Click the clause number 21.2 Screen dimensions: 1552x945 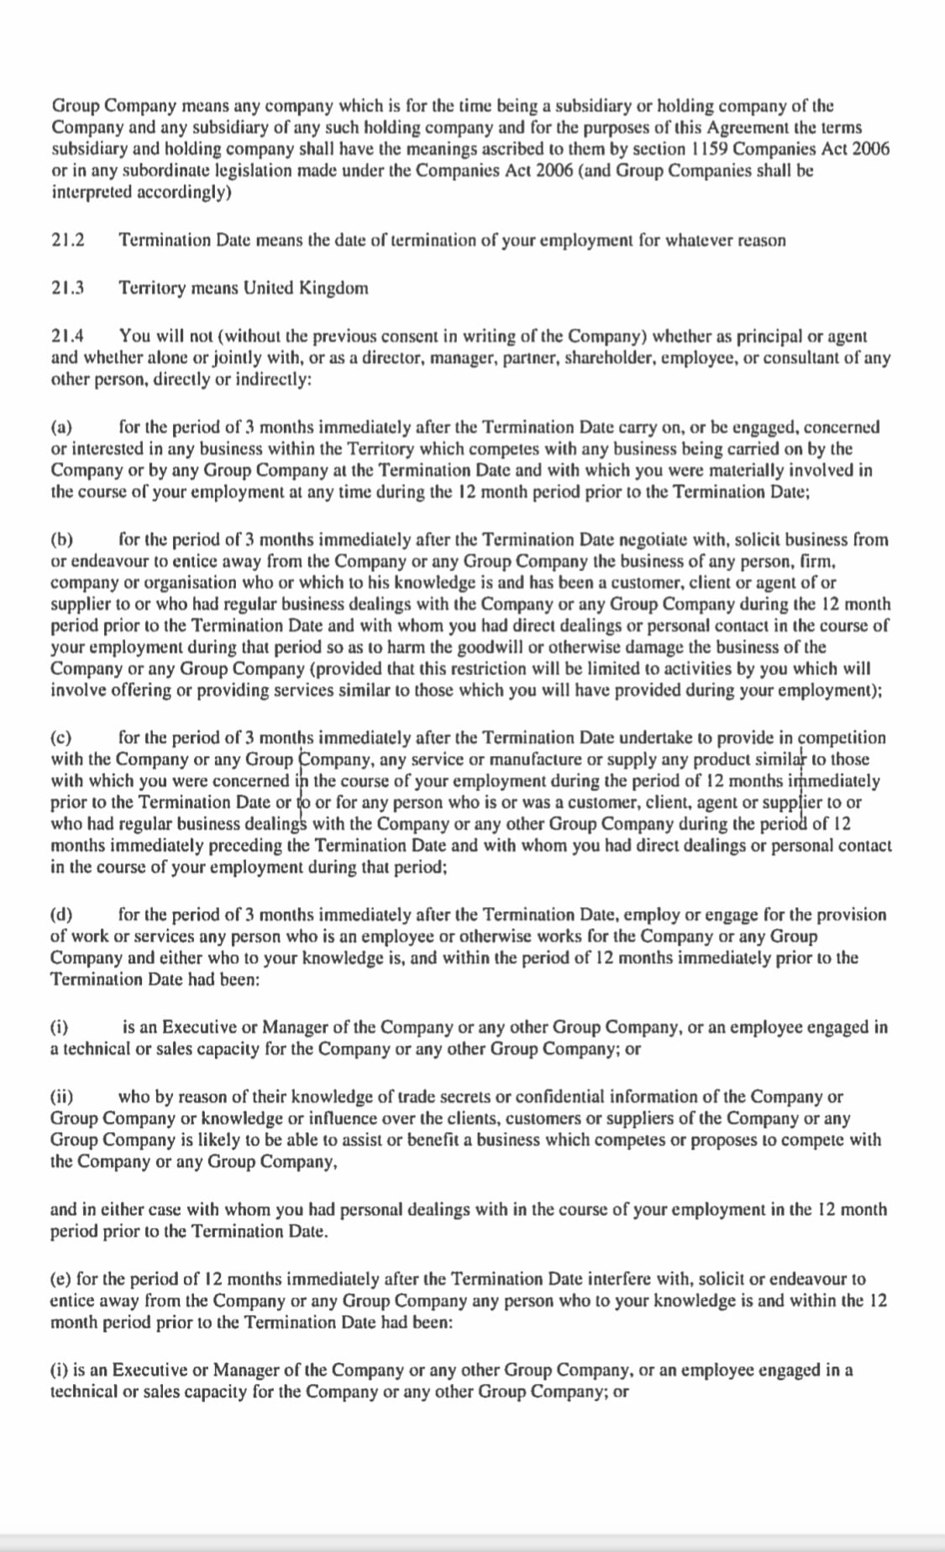tap(68, 241)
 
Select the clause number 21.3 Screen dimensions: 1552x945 tap(68, 288)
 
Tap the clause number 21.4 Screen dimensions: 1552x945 tap(68, 336)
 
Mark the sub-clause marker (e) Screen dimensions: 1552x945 tap(60, 1279)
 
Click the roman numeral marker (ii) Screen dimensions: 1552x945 tap(62, 1097)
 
